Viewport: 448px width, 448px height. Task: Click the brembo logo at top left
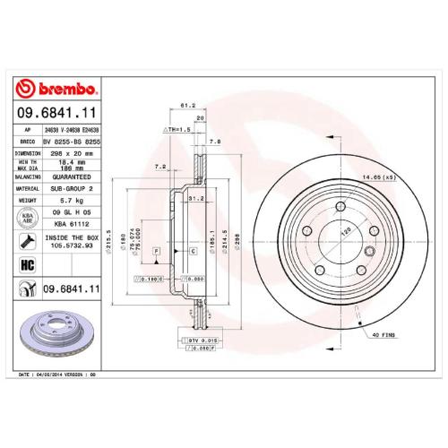coord(57,89)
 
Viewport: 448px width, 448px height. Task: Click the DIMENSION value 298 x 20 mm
coord(73,153)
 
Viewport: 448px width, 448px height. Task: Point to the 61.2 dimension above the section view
coord(188,105)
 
